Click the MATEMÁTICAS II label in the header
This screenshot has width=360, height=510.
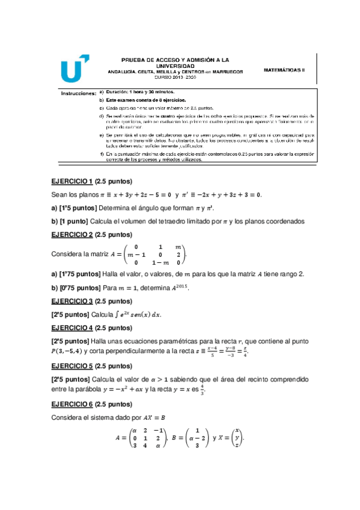click(x=284, y=70)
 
